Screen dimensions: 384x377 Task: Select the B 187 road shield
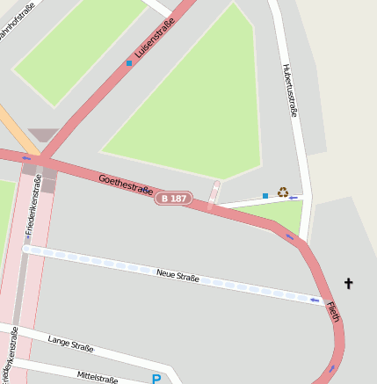tap(173, 199)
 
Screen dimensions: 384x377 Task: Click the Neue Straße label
tap(178, 277)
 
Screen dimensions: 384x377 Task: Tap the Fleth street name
tap(332, 311)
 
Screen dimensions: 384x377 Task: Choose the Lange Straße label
tap(70, 344)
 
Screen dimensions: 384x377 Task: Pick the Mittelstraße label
tap(97, 377)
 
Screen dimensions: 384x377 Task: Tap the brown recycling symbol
tap(283, 192)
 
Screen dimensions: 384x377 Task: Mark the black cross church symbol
tap(348, 283)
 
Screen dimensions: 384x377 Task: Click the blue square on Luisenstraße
tap(129, 63)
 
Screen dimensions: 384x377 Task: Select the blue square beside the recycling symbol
tap(265, 195)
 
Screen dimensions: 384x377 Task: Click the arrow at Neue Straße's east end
tap(315, 301)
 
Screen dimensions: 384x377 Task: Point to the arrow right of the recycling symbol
tap(294, 198)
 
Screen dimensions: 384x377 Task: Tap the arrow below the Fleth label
tap(331, 369)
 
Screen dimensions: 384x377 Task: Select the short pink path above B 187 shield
tap(214, 194)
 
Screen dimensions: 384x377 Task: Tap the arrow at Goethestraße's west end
tap(26, 158)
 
